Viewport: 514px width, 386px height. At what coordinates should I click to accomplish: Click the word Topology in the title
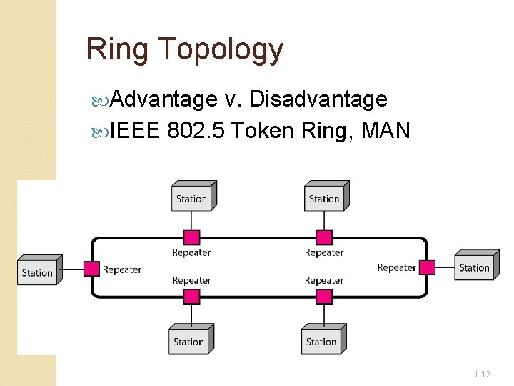point(221,50)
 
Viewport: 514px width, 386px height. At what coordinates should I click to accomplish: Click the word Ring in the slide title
point(118,49)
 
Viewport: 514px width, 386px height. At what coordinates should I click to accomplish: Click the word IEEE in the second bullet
point(136,131)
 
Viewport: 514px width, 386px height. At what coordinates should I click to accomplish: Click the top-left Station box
point(192,198)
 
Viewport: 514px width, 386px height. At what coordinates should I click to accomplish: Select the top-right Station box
point(324,198)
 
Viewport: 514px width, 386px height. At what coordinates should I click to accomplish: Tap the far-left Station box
point(38,272)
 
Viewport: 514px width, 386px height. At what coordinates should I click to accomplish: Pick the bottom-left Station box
point(189,341)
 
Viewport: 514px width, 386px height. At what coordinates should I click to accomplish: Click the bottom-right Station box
point(321,341)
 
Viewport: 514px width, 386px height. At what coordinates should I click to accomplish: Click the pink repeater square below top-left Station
point(192,237)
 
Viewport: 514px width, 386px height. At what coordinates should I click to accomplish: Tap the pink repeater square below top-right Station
point(324,237)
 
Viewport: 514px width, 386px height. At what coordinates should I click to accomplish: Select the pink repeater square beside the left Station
point(91,269)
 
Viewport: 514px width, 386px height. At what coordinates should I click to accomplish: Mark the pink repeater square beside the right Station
point(427,267)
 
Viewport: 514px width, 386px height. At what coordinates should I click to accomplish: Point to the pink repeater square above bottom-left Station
point(192,297)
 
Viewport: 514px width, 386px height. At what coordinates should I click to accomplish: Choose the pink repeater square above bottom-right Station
point(324,297)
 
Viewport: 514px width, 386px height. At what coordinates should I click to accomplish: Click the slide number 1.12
point(482,374)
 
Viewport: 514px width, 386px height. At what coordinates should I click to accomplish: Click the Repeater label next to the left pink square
point(122,269)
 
